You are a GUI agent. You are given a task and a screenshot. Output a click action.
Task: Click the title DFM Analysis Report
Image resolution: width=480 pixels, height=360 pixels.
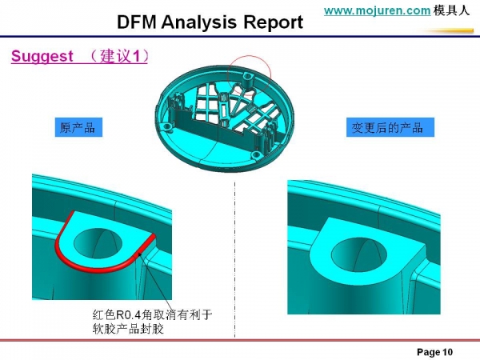pyautogui.click(x=210, y=22)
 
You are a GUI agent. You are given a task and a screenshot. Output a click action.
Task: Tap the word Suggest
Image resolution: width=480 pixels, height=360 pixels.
pyautogui.click(x=41, y=58)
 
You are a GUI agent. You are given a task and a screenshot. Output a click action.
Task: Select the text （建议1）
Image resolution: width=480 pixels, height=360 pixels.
pyautogui.click(x=119, y=58)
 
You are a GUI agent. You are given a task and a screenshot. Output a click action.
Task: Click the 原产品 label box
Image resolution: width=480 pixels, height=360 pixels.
pyautogui.click(x=77, y=127)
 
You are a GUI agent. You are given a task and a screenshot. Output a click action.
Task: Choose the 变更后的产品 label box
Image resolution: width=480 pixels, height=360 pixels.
pyautogui.click(x=387, y=127)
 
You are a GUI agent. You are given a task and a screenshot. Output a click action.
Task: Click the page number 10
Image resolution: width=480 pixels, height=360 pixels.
pyautogui.click(x=446, y=352)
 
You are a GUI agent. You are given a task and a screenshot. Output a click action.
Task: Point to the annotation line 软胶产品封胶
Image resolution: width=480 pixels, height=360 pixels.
pyautogui.click(x=129, y=327)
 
